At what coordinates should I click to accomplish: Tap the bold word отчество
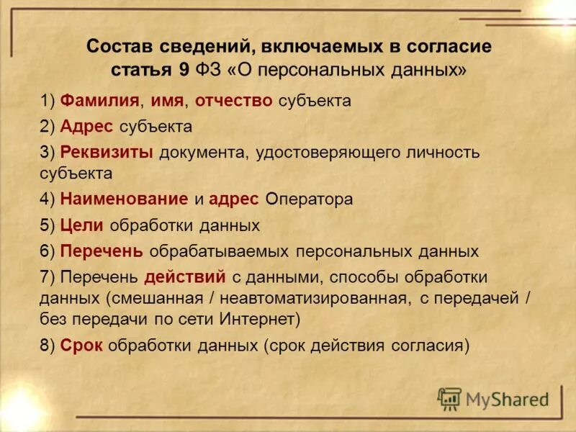pos(234,101)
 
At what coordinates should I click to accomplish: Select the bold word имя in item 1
pos(166,101)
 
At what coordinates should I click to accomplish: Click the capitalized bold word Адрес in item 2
pos(86,127)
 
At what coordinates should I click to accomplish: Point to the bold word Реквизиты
pos(107,153)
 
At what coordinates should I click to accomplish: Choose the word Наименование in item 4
pos(124,199)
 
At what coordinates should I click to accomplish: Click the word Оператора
pos(309,199)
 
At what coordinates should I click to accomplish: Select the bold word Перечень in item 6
pos(102,251)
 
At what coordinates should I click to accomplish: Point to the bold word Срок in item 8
pos(81,345)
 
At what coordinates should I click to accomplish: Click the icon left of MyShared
pos(449,398)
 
